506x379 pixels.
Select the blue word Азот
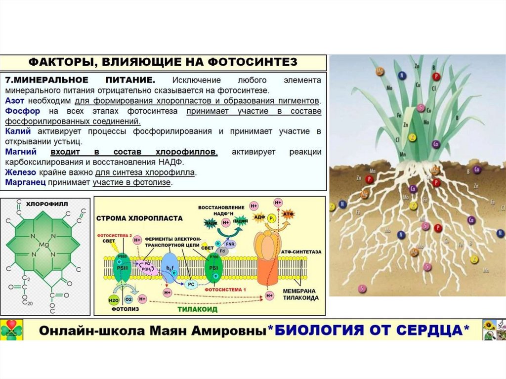(x=15, y=100)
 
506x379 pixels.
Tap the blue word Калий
(x=18, y=131)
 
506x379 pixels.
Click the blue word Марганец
(x=25, y=182)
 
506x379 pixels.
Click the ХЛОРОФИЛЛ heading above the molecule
(x=47, y=203)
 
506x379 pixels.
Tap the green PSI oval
(x=213, y=267)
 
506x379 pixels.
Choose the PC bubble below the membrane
(x=191, y=285)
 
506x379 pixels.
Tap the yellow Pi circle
(x=272, y=217)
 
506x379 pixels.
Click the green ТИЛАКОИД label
(x=198, y=309)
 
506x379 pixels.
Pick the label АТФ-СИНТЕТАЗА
(x=301, y=252)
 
